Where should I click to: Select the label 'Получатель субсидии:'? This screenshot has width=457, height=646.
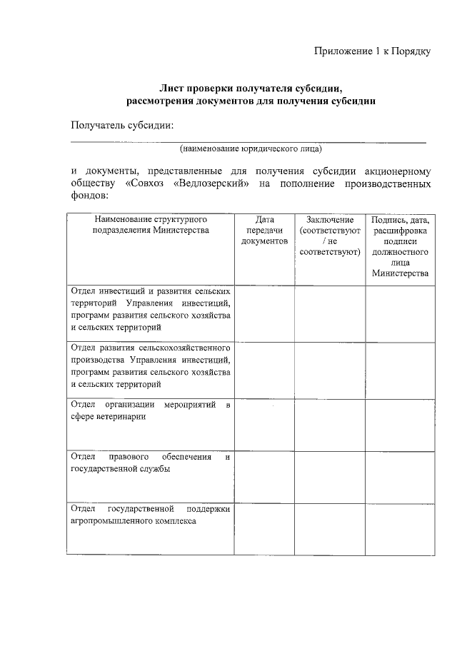(122, 126)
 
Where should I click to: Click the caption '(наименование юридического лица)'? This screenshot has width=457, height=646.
(251, 150)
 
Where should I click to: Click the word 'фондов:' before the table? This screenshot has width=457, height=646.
(89, 196)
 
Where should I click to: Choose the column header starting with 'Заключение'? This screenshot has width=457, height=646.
(329, 236)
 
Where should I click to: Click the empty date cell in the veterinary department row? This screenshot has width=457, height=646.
(264, 425)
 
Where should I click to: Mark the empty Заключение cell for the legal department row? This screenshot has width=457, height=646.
(329, 477)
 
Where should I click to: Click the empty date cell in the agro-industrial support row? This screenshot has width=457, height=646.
(264, 528)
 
